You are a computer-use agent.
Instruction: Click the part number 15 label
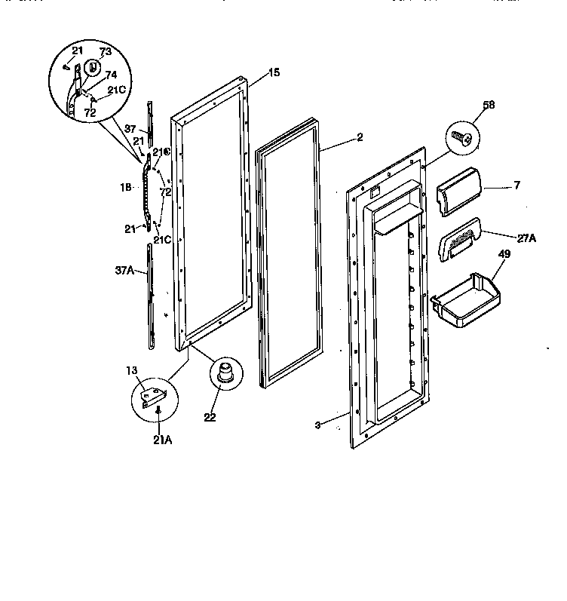[x=274, y=72]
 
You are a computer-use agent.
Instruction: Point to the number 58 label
[x=489, y=105]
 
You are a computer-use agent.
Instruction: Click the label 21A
[x=162, y=440]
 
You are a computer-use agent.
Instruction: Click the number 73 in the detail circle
[x=105, y=51]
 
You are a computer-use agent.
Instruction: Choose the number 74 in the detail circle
[x=110, y=75]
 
